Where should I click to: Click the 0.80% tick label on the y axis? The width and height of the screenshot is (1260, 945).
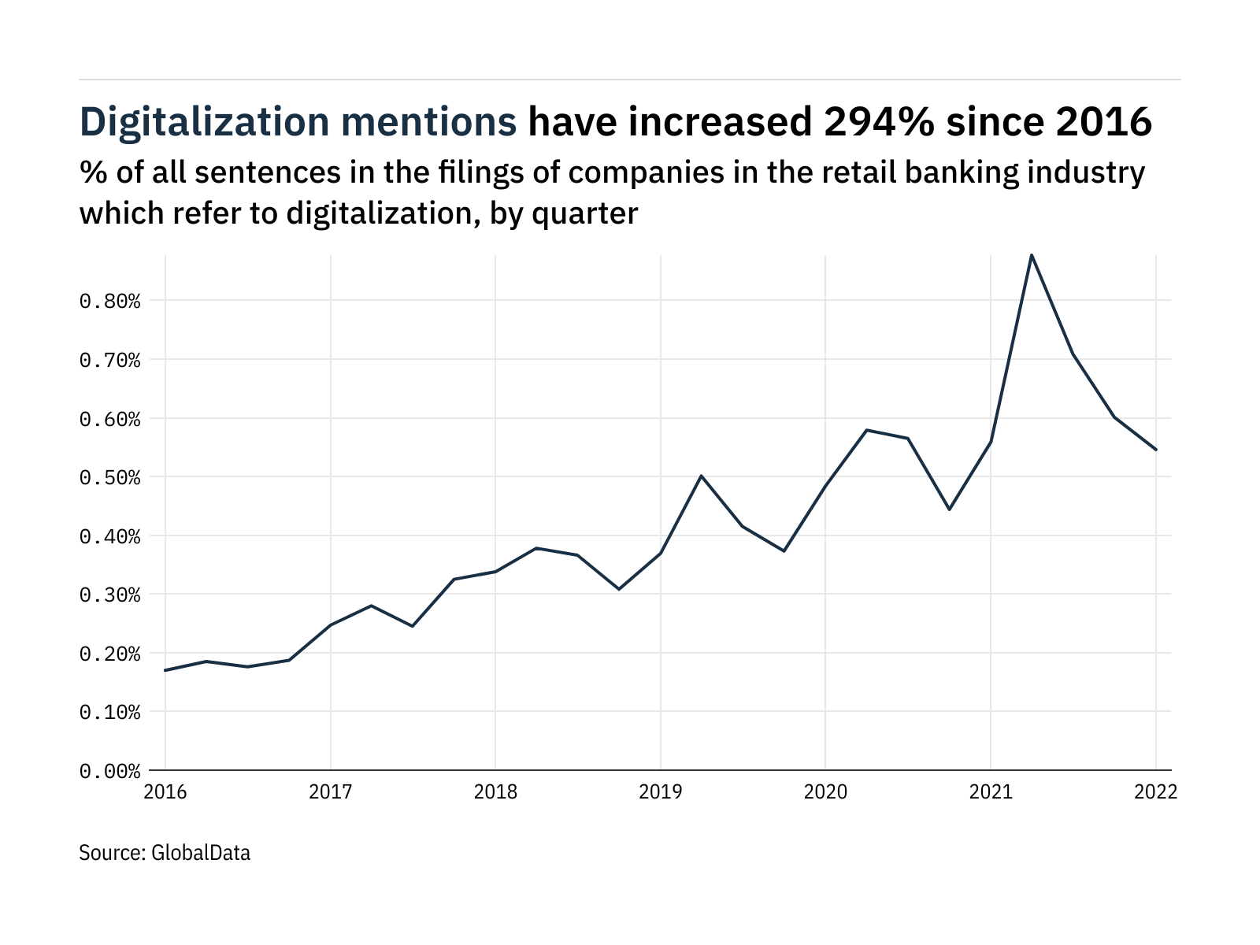click(109, 301)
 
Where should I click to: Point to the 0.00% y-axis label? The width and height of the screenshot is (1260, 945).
click(109, 771)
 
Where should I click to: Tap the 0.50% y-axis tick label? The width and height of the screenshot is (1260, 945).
click(109, 477)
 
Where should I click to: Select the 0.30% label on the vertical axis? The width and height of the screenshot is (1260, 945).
click(109, 595)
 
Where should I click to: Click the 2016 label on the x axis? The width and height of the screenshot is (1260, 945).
click(165, 792)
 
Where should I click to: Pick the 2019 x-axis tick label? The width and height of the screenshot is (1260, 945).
click(660, 792)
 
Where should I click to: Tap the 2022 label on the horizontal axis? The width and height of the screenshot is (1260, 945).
click(1155, 792)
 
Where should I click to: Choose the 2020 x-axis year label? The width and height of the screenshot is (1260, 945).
click(825, 792)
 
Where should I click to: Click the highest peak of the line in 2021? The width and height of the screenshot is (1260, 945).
click(1032, 255)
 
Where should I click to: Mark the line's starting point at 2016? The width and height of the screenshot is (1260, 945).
click(165, 670)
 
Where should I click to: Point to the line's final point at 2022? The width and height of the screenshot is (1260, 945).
click(1155, 450)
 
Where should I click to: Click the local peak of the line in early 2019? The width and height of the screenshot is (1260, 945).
click(701, 476)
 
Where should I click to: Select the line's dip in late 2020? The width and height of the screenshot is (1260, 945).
click(949, 510)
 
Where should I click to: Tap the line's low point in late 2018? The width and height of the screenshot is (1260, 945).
click(619, 589)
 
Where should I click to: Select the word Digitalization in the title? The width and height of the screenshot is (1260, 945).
click(205, 122)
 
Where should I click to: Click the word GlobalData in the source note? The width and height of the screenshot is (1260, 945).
click(200, 853)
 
